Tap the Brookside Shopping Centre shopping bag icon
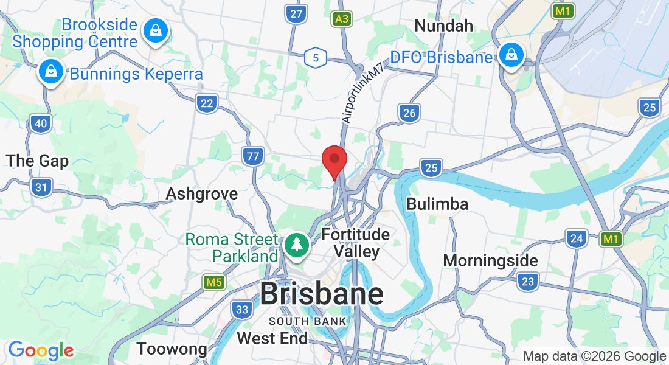(156, 31)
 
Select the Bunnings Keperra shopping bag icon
(51, 72)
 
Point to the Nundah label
(443, 26)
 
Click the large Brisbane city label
(322, 294)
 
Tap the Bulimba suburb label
(437, 204)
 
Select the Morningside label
(490, 260)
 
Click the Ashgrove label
(202, 193)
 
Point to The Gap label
(37, 161)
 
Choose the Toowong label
(172, 349)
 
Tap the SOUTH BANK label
(308, 321)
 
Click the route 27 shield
(296, 15)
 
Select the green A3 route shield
(342, 19)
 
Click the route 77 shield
(252, 157)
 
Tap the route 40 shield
(41, 124)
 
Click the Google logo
(41, 350)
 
